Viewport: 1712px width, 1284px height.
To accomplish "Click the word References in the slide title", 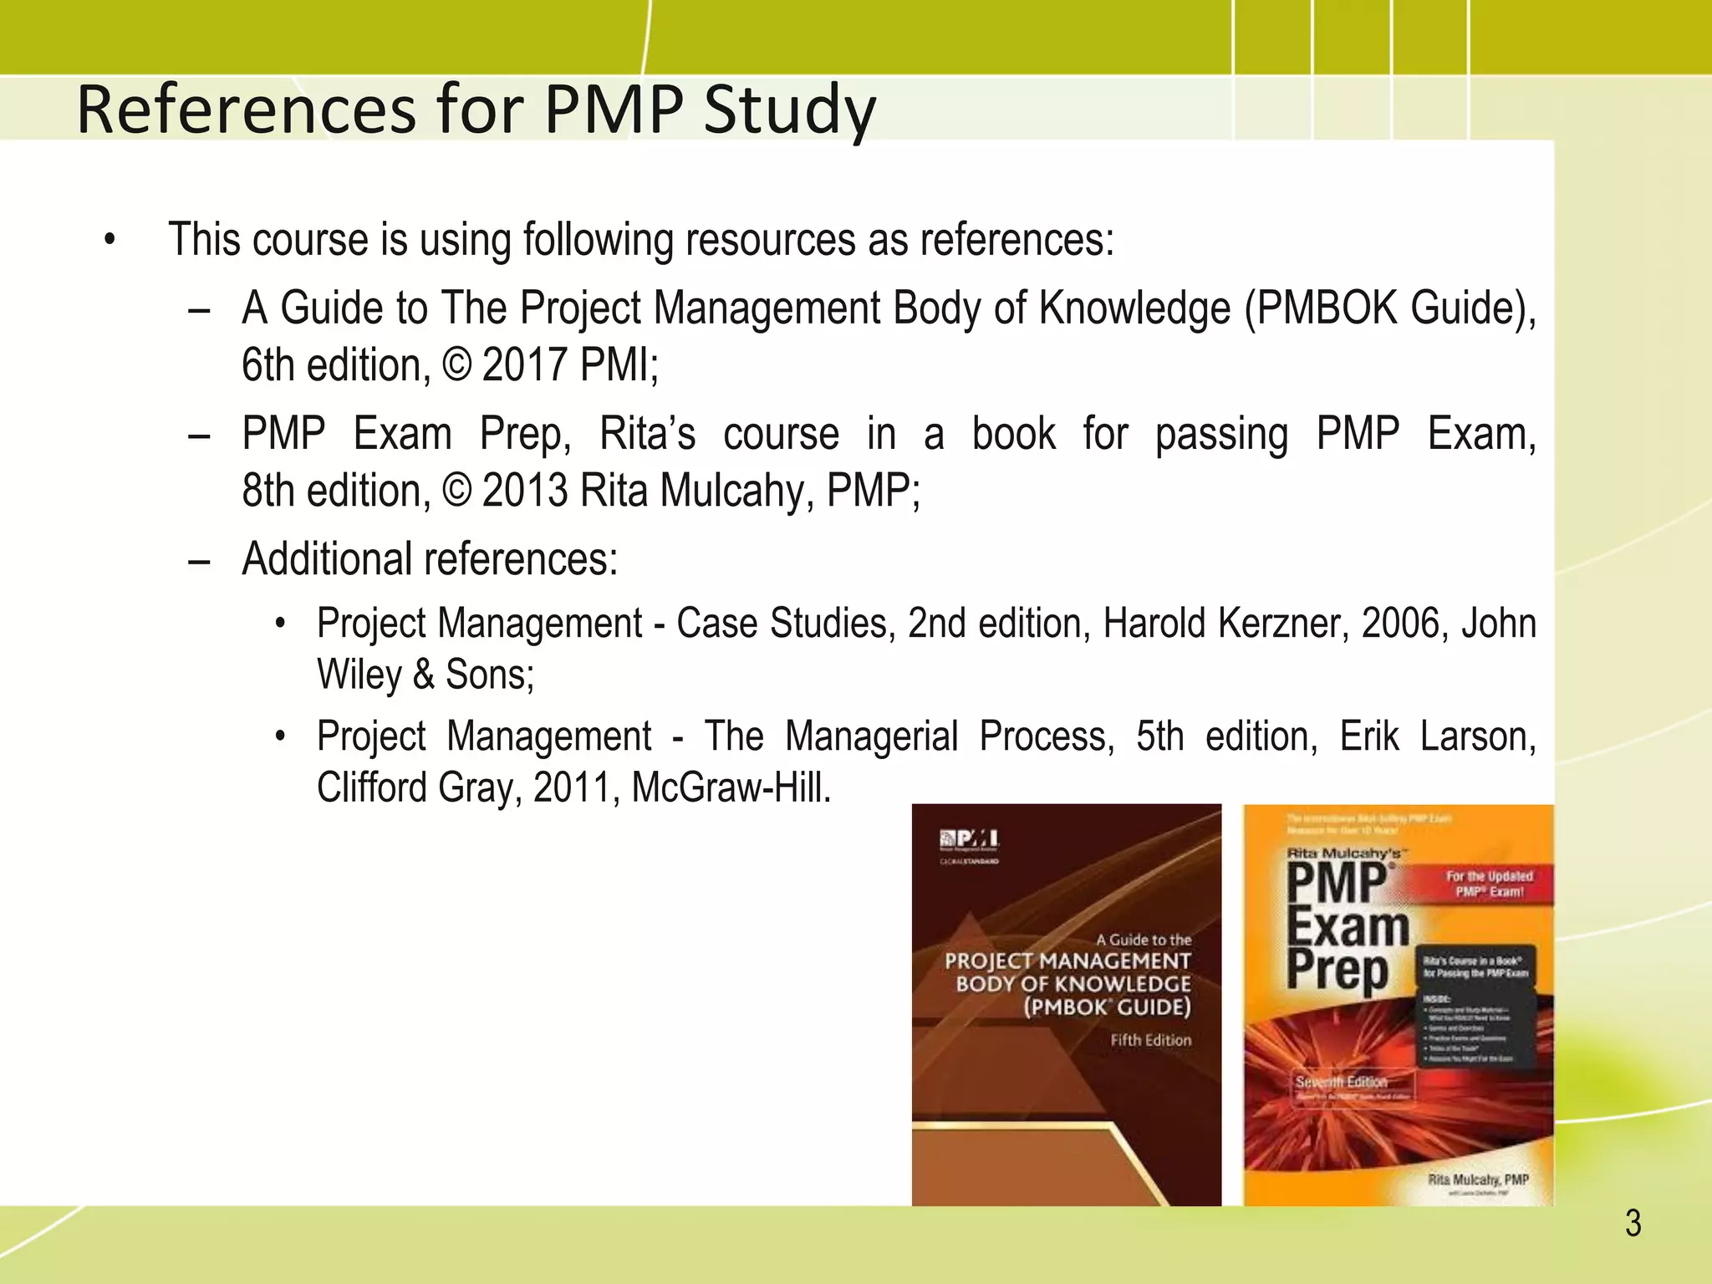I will click(x=247, y=110).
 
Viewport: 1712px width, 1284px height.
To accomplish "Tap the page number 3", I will click(x=1633, y=1224).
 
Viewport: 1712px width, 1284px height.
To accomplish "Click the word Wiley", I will click(x=359, y=675).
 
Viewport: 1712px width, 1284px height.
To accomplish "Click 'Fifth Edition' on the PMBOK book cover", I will click(x=1150, y=1041).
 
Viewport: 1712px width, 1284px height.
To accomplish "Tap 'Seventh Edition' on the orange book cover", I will click(x=1341, y=1082).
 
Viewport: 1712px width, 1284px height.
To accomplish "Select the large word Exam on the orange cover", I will click(x=1348, y=927).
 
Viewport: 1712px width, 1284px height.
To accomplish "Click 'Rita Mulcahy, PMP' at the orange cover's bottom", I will click(x=1478, y=1180).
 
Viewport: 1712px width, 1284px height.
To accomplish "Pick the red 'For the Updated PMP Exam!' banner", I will click(x=1489, y=884).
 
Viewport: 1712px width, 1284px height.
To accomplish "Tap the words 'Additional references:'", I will click(x=430, y=559).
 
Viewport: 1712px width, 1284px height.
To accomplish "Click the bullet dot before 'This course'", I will click(x=110, y=241).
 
